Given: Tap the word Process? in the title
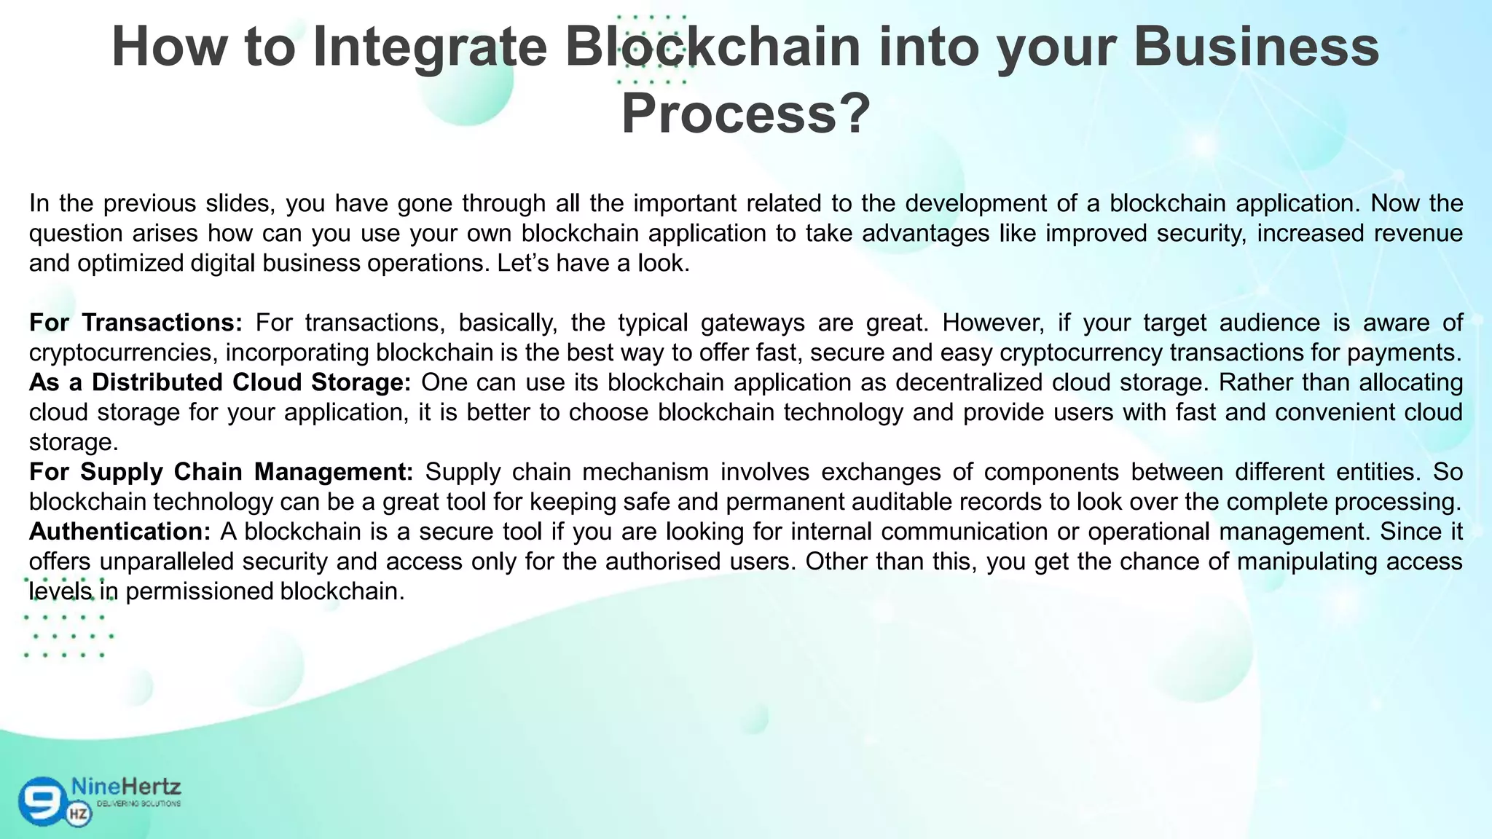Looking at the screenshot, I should [x=745, y=114].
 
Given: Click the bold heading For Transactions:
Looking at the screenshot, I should [x=136, y=323].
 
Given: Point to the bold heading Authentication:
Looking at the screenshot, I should [x=120, y=532].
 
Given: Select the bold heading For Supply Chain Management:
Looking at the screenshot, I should [x=221, y=472].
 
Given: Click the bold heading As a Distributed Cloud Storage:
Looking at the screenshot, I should [x=220, y=382].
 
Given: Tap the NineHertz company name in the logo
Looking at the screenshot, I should [x=126, y=787].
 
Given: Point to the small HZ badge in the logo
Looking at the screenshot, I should [x=79, y=814].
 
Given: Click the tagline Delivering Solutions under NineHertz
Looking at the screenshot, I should [x=138, y=804].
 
